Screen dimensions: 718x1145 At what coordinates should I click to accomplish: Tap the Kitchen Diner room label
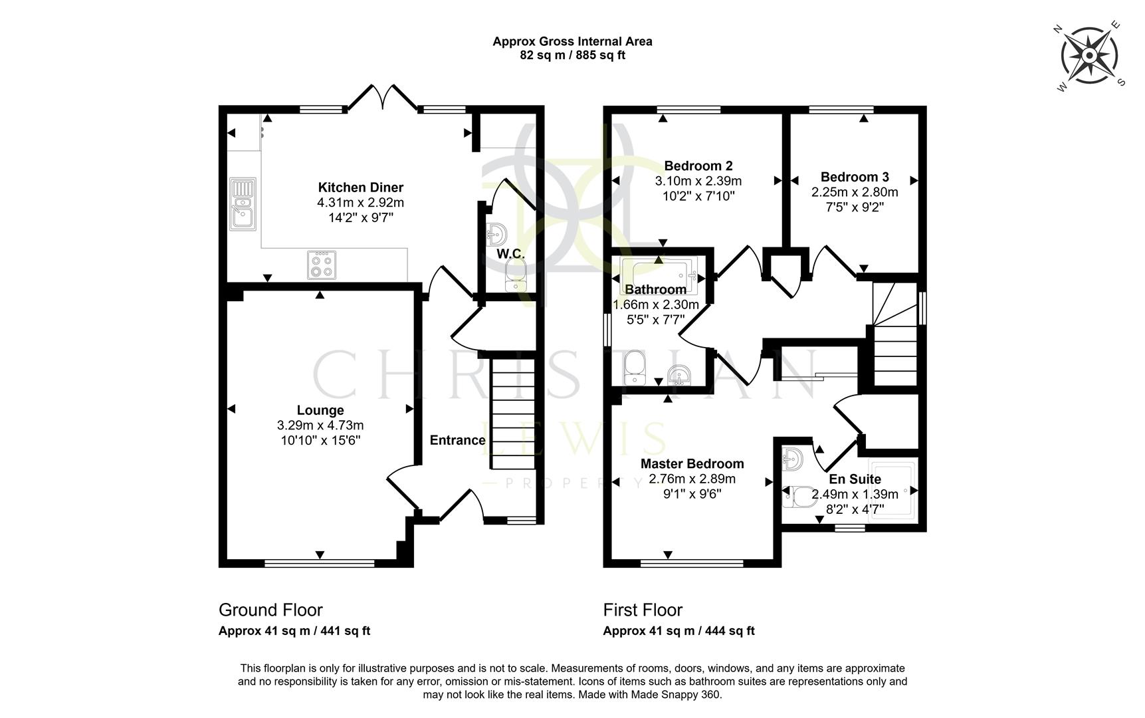(x=360, y=187)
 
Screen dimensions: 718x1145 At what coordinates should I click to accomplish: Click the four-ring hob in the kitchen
(x=322, y=265)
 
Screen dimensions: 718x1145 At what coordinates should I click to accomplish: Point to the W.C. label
(x=510, y=254)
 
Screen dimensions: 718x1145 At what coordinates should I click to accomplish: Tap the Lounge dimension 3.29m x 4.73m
(x=320, y=425)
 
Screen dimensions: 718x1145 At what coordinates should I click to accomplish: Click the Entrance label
(x=457, y=440)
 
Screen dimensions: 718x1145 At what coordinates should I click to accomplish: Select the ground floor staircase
(x=512, y=412)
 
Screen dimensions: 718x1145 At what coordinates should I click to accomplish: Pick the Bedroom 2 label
(x=698, y=166)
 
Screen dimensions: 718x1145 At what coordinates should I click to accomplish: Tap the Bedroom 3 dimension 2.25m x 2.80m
(x=854, y=192)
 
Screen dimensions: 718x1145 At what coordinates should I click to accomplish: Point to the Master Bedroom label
(x=692, y=463)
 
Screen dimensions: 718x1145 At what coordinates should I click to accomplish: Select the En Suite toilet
(x=799, y=497)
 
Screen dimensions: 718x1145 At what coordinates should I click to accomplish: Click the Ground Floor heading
(x=270, y=610)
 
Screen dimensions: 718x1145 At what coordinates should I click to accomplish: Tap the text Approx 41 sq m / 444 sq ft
(x=678, y=631)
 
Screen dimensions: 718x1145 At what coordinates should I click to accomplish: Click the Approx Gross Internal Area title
(x=572, y=41)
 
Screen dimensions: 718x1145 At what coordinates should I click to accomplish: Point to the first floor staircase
(x=894, y=339)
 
